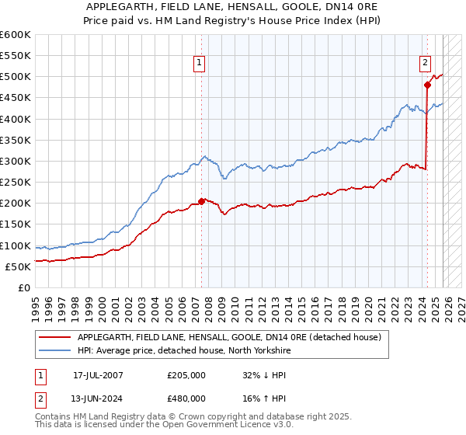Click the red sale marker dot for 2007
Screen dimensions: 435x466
pyautogui.click(x=202, y=201)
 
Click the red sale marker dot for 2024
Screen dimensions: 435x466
pyautogui.click(x=427, y=85)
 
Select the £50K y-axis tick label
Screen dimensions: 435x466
pyautogui.click(x=19, y=266)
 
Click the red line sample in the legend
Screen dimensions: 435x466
pyautogui.click(x=54, y=337)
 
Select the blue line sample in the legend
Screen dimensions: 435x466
pyautogui.click(x=54, y=351)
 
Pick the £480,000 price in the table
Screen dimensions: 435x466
pyautogui.click(x=186, y=398)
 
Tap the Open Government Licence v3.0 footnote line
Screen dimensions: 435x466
pyautogui.click(x=159, y=426)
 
